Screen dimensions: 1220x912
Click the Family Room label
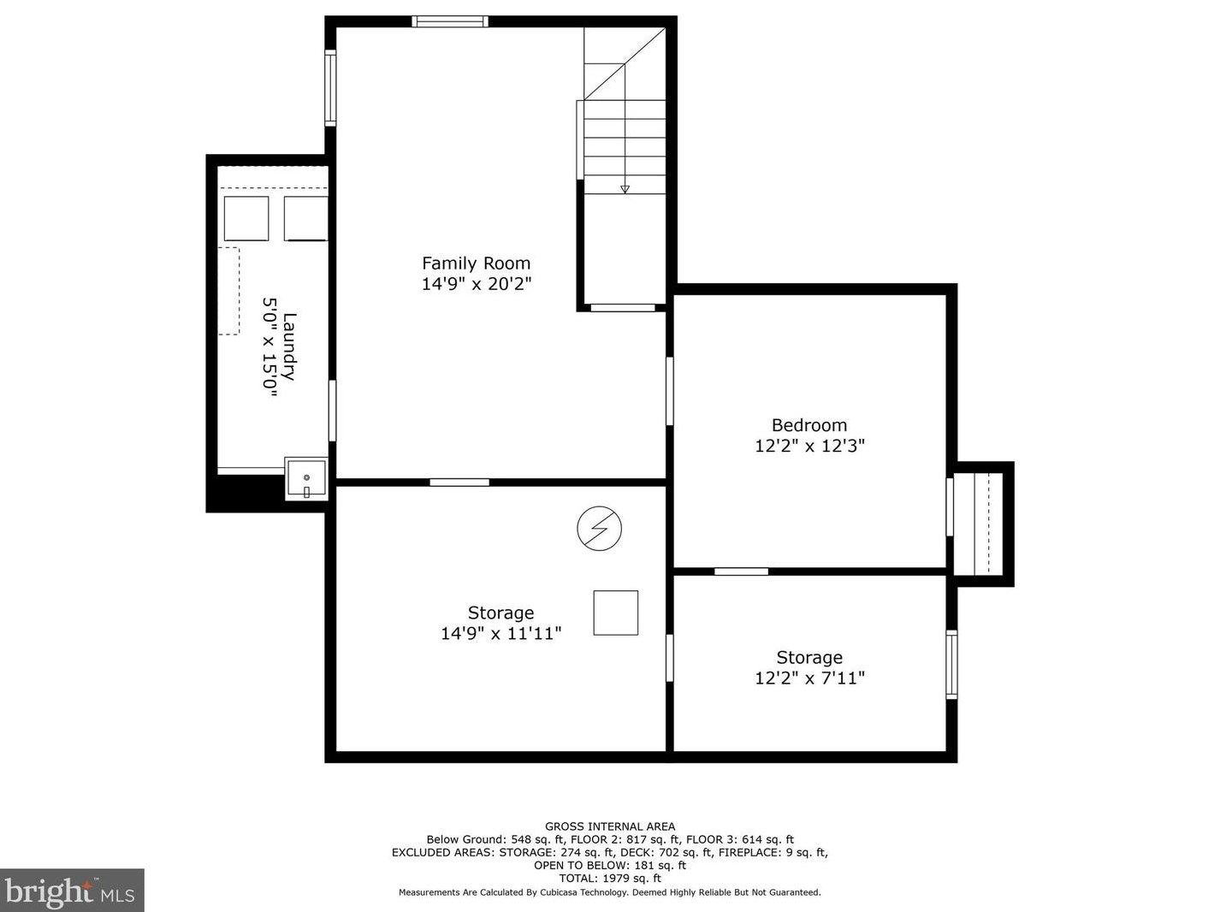[476, 263]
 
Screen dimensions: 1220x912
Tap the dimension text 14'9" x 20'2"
[477, 284]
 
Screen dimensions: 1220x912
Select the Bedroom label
[809, 425]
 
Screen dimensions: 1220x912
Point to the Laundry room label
[289, 346]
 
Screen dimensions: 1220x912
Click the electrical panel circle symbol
[599, 529]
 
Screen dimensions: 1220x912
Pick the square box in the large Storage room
[616, 613]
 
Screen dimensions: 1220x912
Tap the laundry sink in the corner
[306, 478]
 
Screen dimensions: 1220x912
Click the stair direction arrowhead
[625, 190]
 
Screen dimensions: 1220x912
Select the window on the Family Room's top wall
[450, 21]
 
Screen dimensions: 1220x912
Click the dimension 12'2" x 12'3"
[809, 446]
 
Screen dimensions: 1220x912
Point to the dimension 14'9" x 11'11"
[500, 634]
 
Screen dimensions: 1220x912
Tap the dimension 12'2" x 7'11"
[809, 678]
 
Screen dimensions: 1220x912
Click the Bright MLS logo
[72, 891]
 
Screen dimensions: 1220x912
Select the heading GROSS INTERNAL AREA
[610, 826]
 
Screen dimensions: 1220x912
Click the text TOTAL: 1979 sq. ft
[610, 878]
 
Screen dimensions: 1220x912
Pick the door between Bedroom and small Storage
[741, 571]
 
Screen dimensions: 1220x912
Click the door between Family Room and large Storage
[459, 483]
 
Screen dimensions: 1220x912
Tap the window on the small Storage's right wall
[951, 665]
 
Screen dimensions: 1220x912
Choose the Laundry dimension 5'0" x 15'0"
[269, 347]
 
